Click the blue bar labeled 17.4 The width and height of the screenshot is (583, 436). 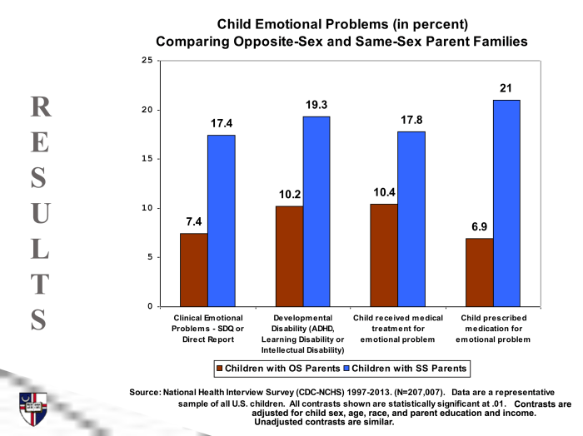[x=221, y=220]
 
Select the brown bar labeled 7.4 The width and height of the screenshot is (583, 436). [x=194, y=270]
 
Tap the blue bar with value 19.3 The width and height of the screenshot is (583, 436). [x=316, y=211]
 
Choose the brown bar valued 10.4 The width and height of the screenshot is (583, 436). [x=384, y=255]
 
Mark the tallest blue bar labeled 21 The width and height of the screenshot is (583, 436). [x=506, y=203]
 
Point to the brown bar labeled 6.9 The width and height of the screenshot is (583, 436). [x=479, y=272]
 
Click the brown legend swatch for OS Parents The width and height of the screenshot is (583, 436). [x=220, y=367]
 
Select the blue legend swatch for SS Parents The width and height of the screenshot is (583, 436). [x=347, y=367]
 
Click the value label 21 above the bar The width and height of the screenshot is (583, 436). [x=506, y=88]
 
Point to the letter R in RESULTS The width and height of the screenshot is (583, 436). [x=40, y=106]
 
